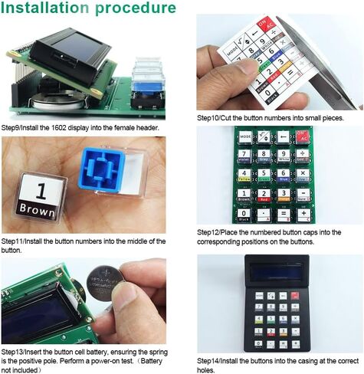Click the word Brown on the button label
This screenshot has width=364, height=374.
tap(38, 208)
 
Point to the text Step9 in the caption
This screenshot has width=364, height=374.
tap(11, 128)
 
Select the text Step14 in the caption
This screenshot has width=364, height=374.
tap(210, 360)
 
